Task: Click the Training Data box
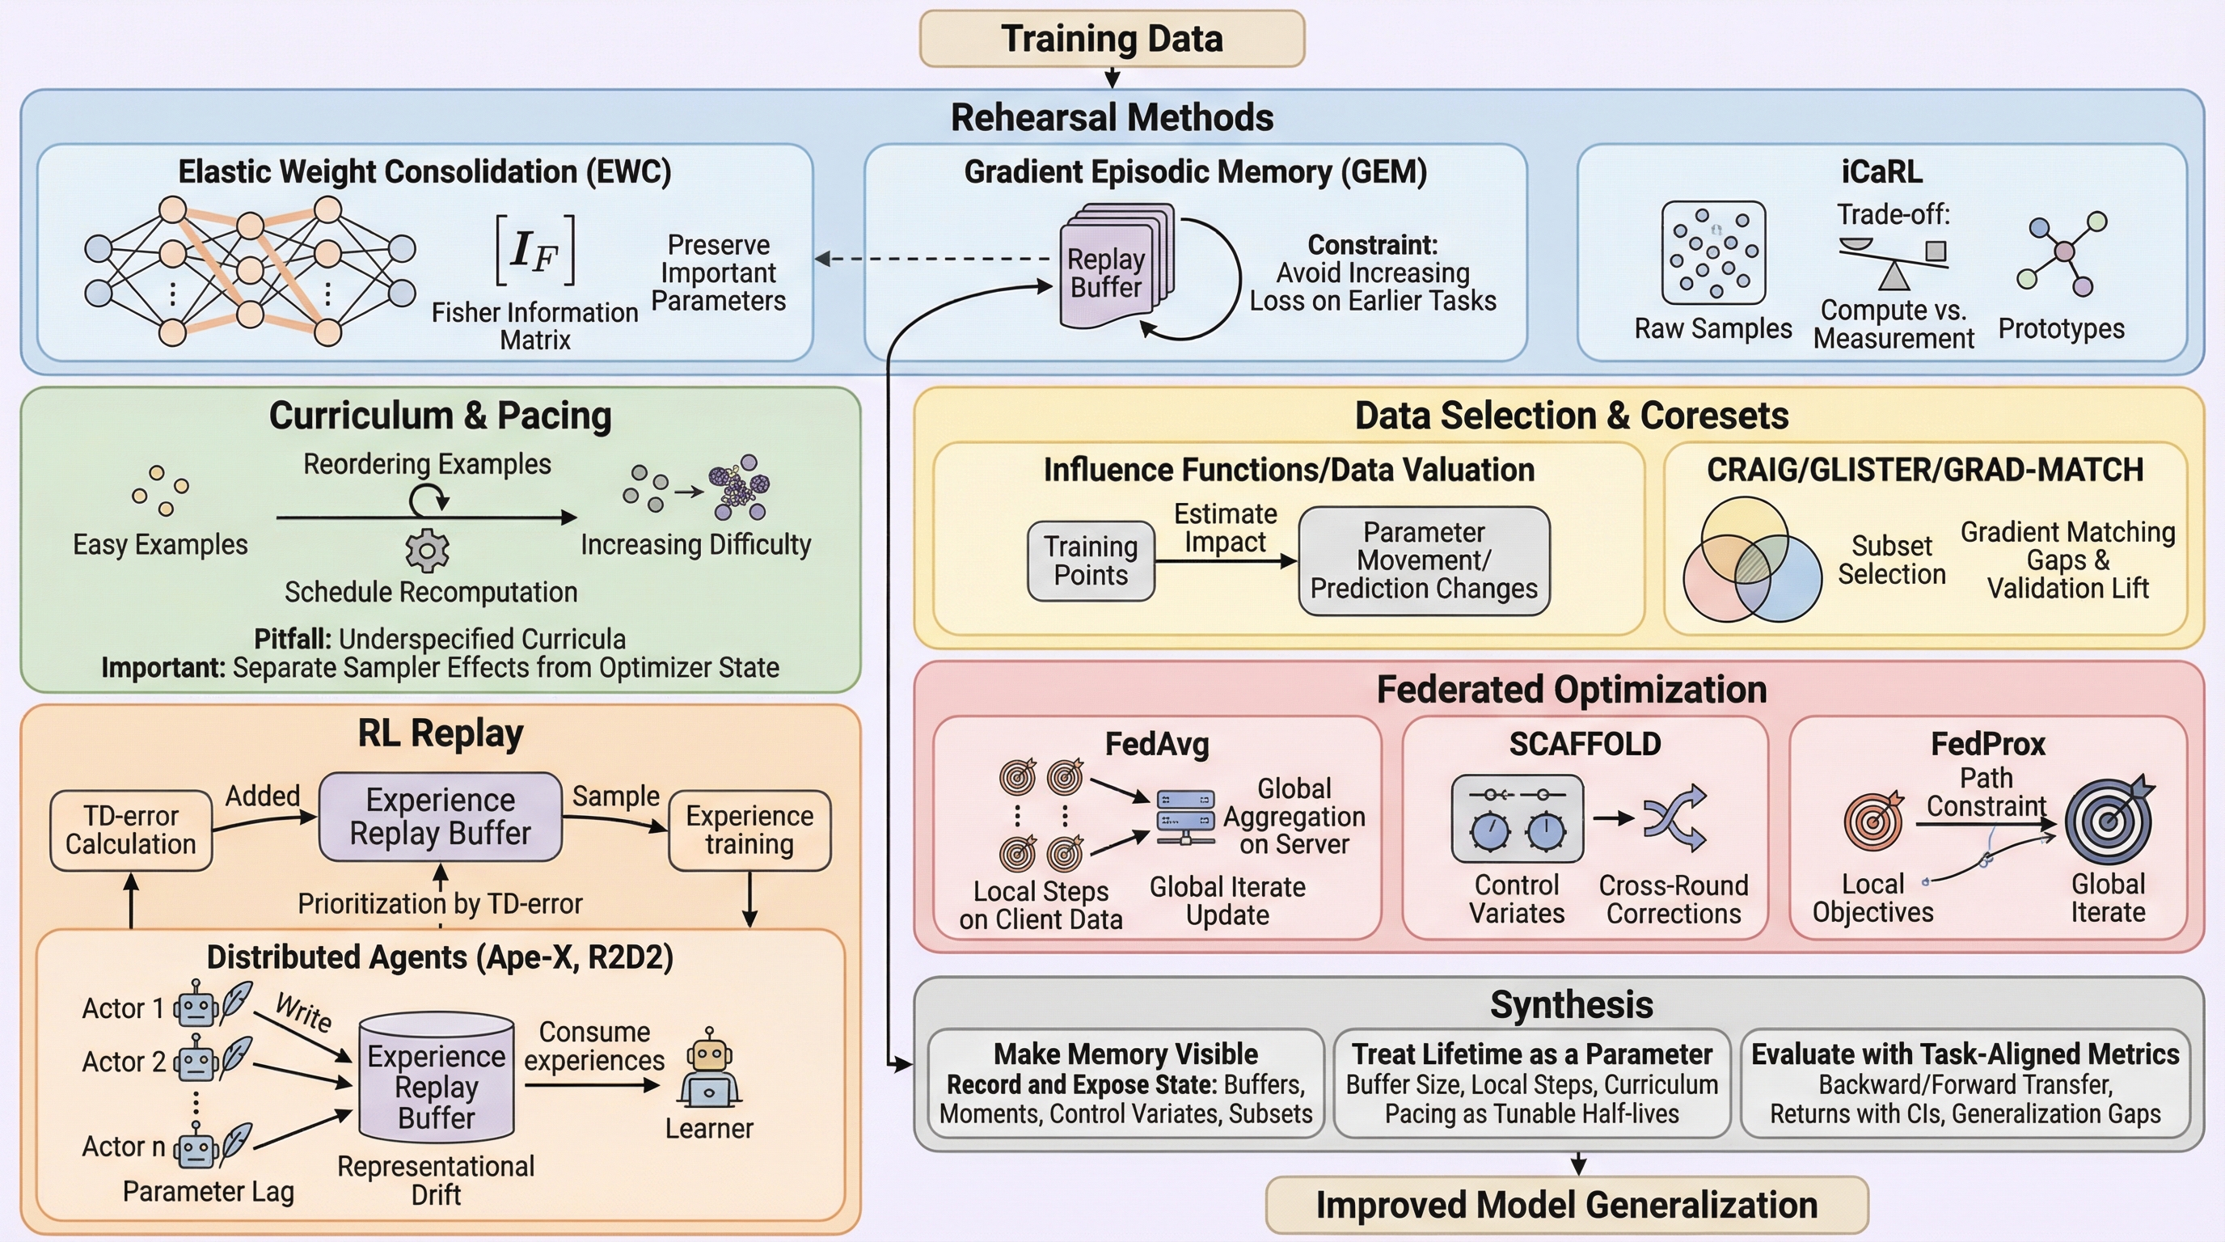tap(1112, 39)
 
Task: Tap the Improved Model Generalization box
tap(1566, 1204)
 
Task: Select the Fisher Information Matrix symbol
tap(534, 251)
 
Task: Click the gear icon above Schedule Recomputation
tap(428, 550)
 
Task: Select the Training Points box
tap(1090, 560)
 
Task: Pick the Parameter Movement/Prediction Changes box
tap(1424, 560)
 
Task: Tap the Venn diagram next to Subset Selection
tap(1752, 560)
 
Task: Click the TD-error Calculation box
tap(131, 830)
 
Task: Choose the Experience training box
tap(749, 830)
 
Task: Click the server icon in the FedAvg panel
tap(1185, 816)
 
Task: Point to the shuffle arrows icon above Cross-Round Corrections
tap(1674, 817)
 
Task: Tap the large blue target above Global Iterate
tap(2109, 820)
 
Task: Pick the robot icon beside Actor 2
tap(196, 1061)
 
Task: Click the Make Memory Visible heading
tap(1125, 1054)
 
